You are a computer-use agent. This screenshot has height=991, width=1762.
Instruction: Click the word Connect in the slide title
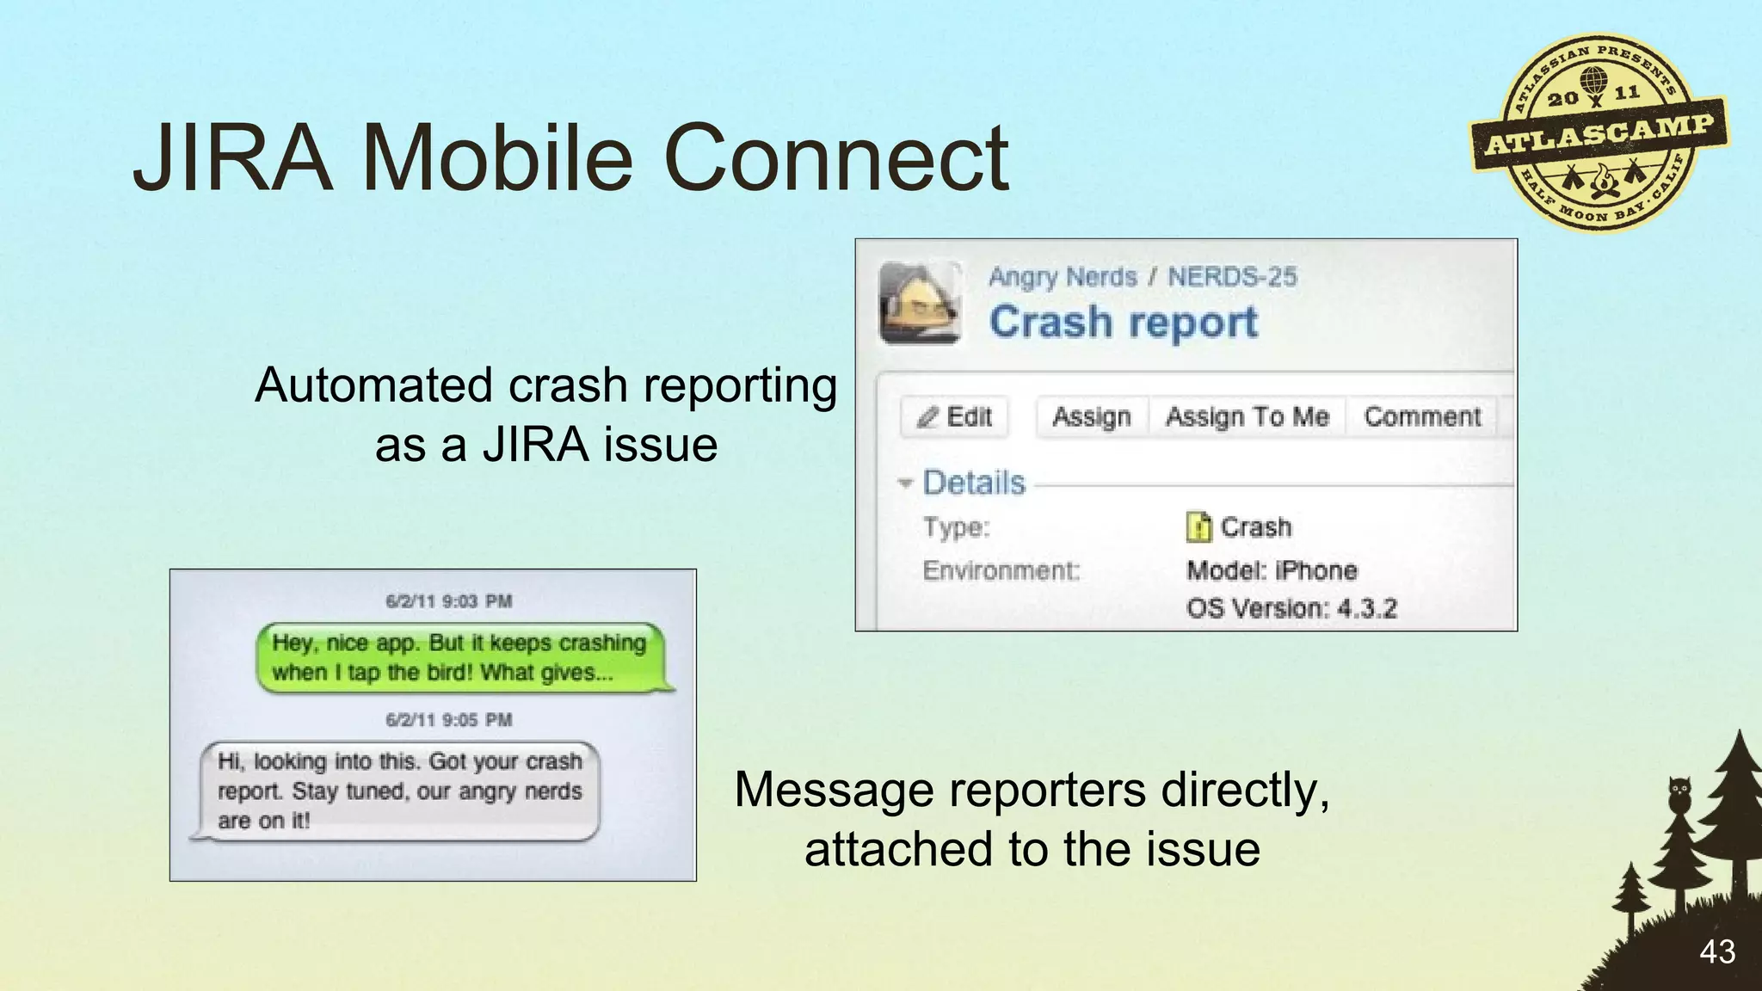pyautogui.click(x=836, y=158)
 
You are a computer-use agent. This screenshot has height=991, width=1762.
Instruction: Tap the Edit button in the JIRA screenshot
pyautogui.click(x=954, y=417)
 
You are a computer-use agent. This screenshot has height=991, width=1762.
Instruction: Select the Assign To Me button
pyautogui.click(x=1247, y=417)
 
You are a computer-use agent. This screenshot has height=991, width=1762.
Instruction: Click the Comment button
pyautogui.click(x=1422, y=417)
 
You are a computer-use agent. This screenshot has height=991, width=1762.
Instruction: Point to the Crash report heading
pyautogui.click(x=1123, y=323)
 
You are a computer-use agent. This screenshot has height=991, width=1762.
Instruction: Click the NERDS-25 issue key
pyautogui.click(x=1231, y=277)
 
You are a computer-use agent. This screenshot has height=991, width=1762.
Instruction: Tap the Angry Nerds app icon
pyautogui.click(x=920, y=303)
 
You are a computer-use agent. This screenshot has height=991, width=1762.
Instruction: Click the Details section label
pyautogui.click(x=973, y=483)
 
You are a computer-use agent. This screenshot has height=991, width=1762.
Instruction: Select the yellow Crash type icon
pyautogui.click(x=1198, y=526)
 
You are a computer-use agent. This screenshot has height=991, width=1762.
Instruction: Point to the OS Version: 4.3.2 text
pyautogui.click(x=1291, y=608)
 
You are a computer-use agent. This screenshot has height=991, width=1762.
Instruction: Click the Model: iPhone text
pyautogui.click(x=1271, y=570)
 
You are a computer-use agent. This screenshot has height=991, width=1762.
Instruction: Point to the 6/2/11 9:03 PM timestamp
pyautogui.click(x=448, y=601)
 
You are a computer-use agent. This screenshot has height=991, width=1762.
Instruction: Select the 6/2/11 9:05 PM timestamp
pyautogui.click(x=448, y=719)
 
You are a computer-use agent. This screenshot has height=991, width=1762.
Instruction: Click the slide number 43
pyautogui.click(x=1716, y=952)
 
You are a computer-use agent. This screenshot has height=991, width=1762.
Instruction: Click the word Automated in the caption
pyautogui.click(x=373, y=385)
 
